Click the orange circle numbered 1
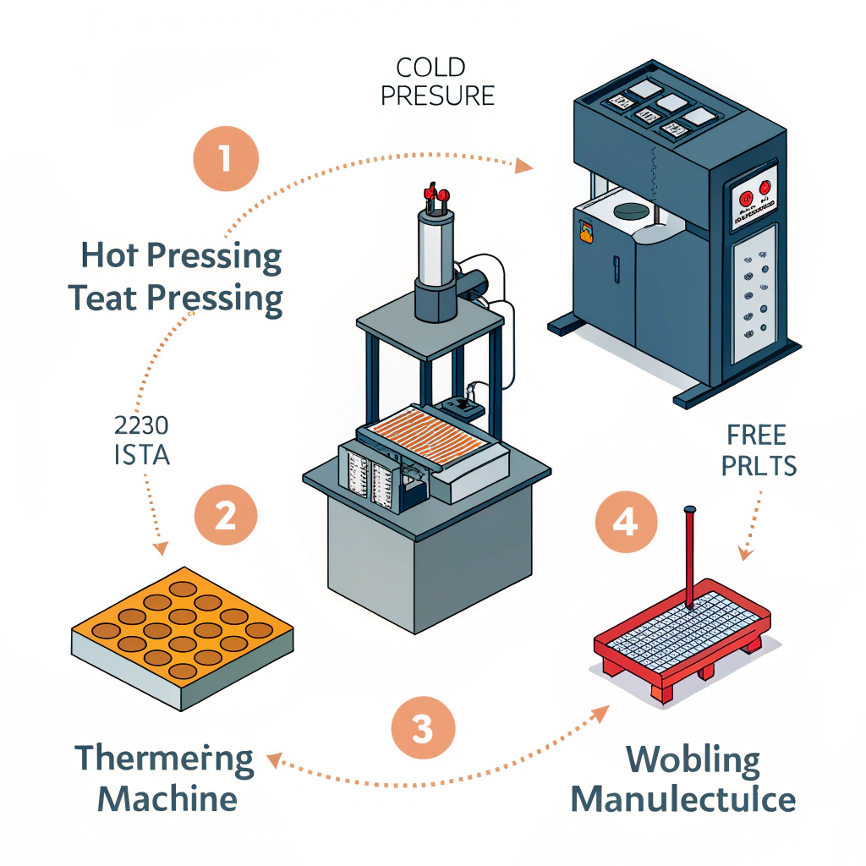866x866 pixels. [225, 159]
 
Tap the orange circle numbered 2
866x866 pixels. [225, 515]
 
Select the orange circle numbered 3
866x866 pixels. [423, 726]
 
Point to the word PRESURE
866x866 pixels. [437, 95]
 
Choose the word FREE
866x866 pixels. [755, 436]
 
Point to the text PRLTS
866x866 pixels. [759, 466]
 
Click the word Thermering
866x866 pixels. [164, 758]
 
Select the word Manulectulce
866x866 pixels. [682, 799]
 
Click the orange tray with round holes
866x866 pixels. [182, 630]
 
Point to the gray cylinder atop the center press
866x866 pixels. [434, 255]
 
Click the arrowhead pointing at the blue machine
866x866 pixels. [525, 165]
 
